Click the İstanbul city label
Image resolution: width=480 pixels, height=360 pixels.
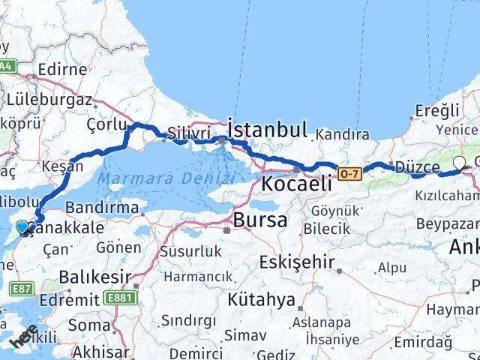267,130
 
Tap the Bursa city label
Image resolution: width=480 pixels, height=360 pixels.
259,220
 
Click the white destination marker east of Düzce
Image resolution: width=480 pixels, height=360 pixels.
459,161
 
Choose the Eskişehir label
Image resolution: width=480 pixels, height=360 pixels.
295,262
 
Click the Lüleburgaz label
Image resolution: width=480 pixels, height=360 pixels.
49,100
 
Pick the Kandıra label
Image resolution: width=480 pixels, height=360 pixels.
343,135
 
